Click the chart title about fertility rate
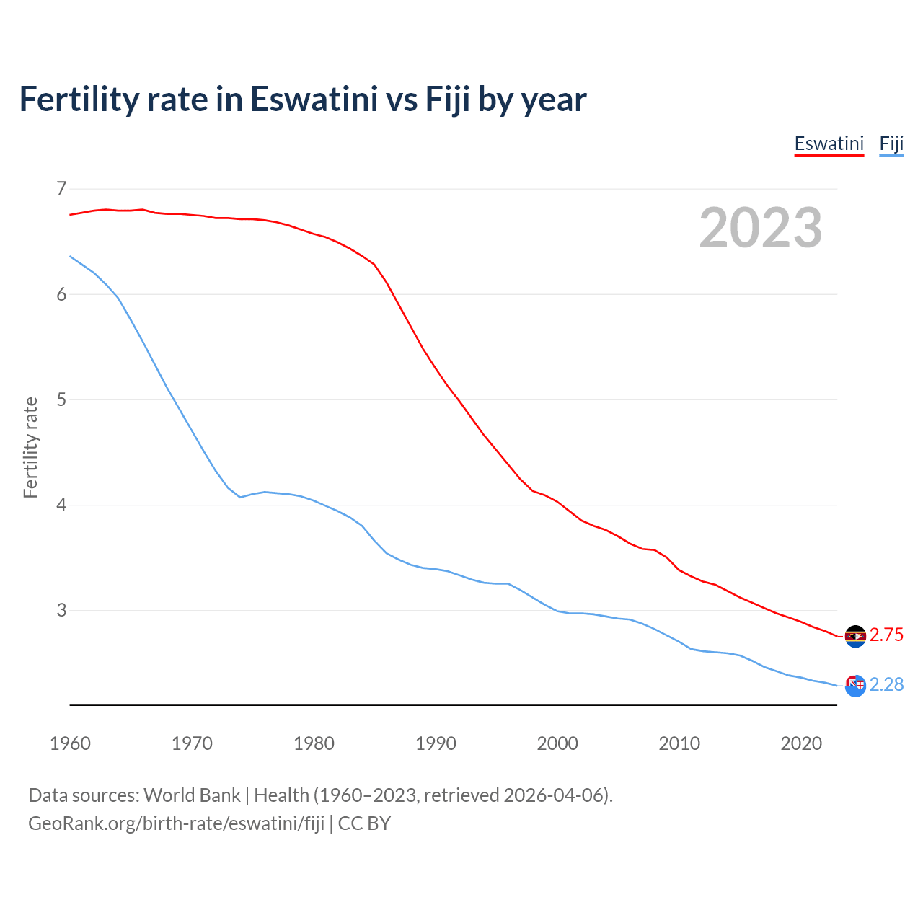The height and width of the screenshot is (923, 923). click(x=303, y=100)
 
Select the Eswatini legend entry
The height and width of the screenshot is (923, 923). click(x=829, y=143)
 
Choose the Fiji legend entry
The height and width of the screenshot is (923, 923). click(x=891, y=143)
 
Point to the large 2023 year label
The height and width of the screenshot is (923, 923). click(x=761, y=228)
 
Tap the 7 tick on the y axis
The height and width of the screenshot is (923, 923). click(x=61, y=189)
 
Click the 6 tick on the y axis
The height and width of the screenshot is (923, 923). click(x=61, y=294)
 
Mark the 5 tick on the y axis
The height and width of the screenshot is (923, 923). click(x=61, y=399)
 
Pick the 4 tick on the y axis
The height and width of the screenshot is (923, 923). click(x=61, y=505)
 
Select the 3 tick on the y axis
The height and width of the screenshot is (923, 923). click(x=61, y=610)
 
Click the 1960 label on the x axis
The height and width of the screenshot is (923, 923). click(x=70, y=743)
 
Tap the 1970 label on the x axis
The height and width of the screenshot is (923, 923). click(x=192, y=743)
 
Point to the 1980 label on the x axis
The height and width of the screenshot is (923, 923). click(x=314, y=743)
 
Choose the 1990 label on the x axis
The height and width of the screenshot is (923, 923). click(x=436, y=743)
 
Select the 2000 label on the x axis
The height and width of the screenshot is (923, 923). click(x=557, y=743)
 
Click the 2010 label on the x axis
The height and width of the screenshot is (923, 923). click(x=679, y=743)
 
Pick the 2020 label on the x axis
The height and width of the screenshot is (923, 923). click(x=801, y=743)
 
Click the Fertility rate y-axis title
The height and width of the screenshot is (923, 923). click(x=30, y=447)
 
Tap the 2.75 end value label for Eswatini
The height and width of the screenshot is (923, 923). click(x=886, y=635)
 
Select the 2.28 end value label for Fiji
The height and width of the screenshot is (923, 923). click(x=886, y=685)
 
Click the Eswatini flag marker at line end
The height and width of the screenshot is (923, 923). click(x=855, y=636)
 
